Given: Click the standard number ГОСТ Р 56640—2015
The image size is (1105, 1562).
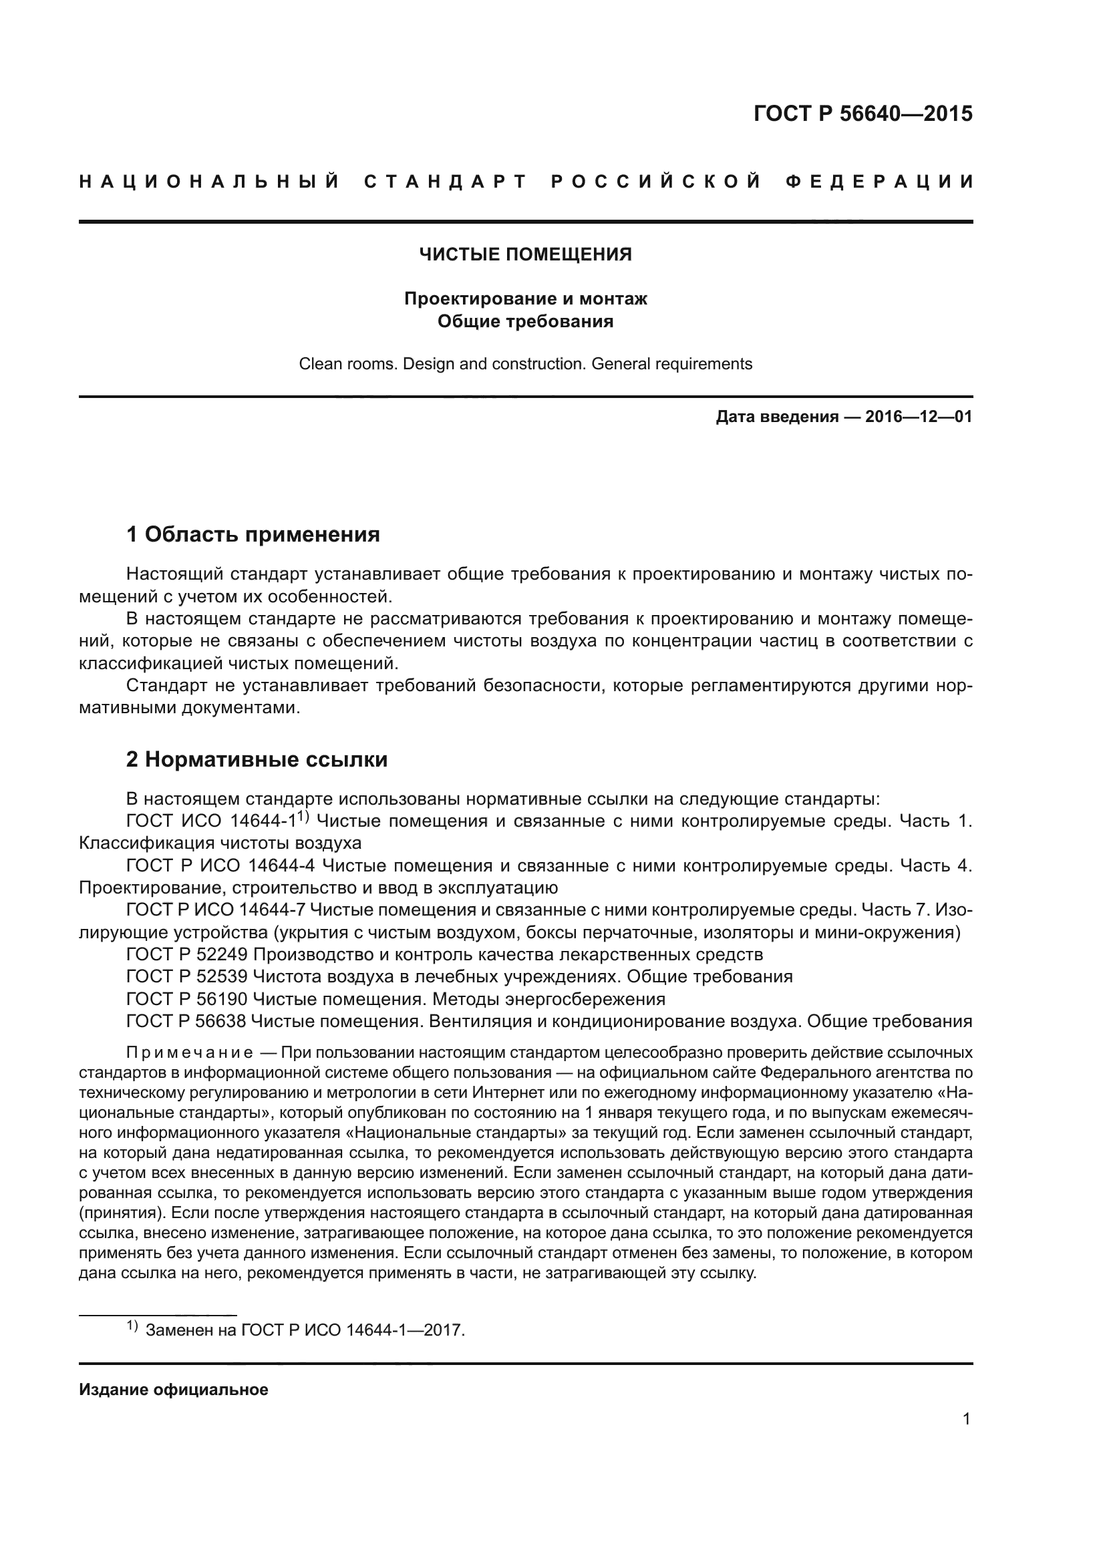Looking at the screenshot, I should click(862, 114).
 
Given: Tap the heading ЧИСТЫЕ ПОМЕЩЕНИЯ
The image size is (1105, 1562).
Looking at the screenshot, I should click(525, 254).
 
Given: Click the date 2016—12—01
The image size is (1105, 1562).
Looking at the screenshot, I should click(919, 416).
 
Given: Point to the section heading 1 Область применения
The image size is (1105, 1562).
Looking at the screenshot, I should click(253, 534).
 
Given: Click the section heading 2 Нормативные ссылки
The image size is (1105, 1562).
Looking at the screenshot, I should click(257, 759).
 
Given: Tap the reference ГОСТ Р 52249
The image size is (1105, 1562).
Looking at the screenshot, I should click(188, 954).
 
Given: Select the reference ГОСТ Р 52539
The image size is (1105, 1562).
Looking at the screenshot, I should click(188, 977).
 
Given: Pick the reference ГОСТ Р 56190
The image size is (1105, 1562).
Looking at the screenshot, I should click(188, 1000).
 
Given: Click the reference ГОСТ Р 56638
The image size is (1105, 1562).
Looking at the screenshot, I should click(188, 1021).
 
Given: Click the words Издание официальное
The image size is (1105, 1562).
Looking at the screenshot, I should click(174, 1390).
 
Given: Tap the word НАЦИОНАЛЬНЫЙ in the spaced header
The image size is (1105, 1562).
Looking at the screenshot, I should click(210, 182).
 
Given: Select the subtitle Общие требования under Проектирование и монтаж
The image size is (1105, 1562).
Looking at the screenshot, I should click(525, 321).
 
